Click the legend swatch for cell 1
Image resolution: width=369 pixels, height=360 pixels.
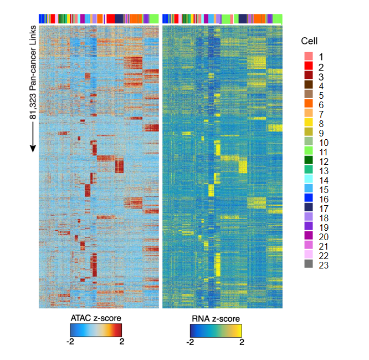[309, 57]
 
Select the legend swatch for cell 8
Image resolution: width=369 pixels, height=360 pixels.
[309, 122]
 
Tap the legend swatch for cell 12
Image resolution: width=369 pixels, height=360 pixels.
[309, 160]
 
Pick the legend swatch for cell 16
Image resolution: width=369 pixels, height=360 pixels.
[309, 198]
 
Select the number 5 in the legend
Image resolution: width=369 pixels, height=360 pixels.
[320, 94]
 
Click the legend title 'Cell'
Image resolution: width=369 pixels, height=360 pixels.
[310, 40]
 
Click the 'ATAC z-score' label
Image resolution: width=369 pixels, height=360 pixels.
[96, 318]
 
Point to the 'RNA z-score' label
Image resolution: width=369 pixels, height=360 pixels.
[216, 318]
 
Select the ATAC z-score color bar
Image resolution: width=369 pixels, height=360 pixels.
[96, 331]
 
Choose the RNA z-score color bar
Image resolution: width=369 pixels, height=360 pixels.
[216, 331]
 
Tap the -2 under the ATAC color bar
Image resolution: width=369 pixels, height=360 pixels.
[70, 342]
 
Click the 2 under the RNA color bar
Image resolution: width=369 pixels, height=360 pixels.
[242, 342]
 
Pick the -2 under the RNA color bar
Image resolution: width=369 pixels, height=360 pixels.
[189, 342]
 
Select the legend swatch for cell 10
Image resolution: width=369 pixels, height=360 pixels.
[309, 141]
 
